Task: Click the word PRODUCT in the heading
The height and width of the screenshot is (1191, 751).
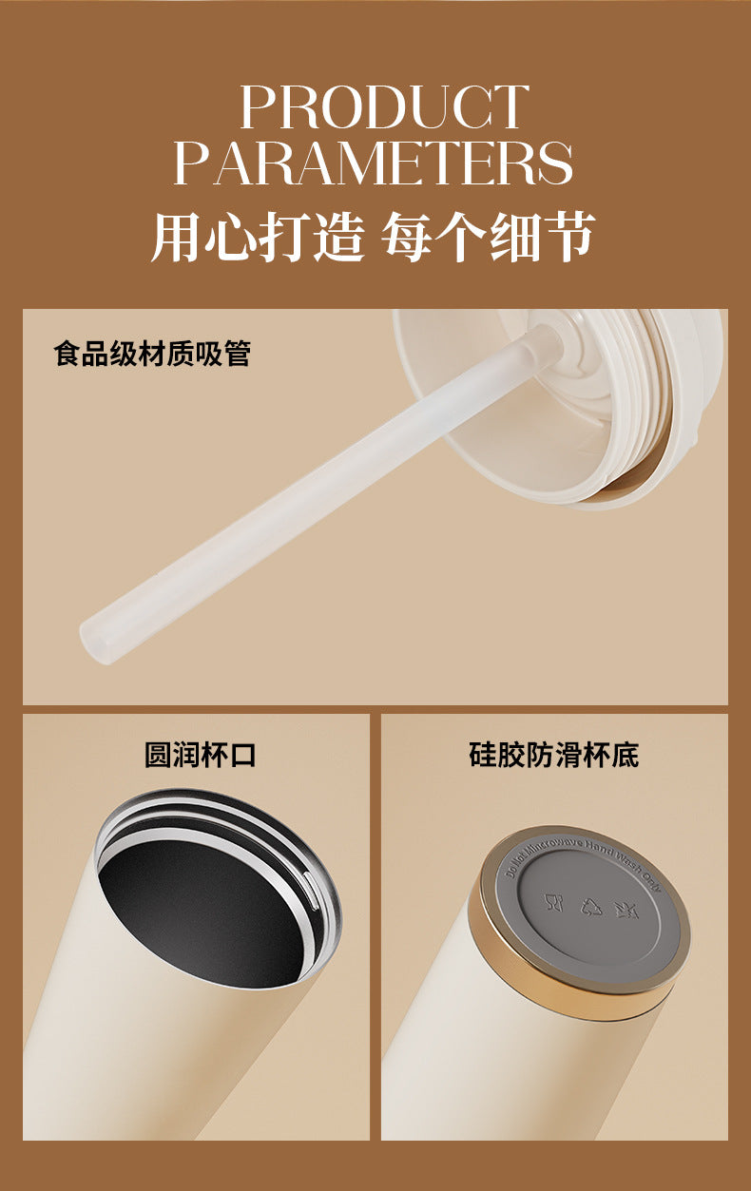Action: click(x=384, y=106)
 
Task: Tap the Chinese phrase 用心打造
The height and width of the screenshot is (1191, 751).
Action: click(x=258, y=238)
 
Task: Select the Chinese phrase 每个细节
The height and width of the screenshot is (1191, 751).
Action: click(x=489, y=238)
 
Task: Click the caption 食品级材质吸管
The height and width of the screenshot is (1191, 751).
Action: click(x=152, y=355)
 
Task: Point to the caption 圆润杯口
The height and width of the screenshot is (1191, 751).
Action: click(x=200, y=756)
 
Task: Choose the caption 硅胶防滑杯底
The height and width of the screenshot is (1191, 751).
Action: click(x=553, y=756)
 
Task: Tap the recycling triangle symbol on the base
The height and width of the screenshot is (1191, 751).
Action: click(x=589, y=906)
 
